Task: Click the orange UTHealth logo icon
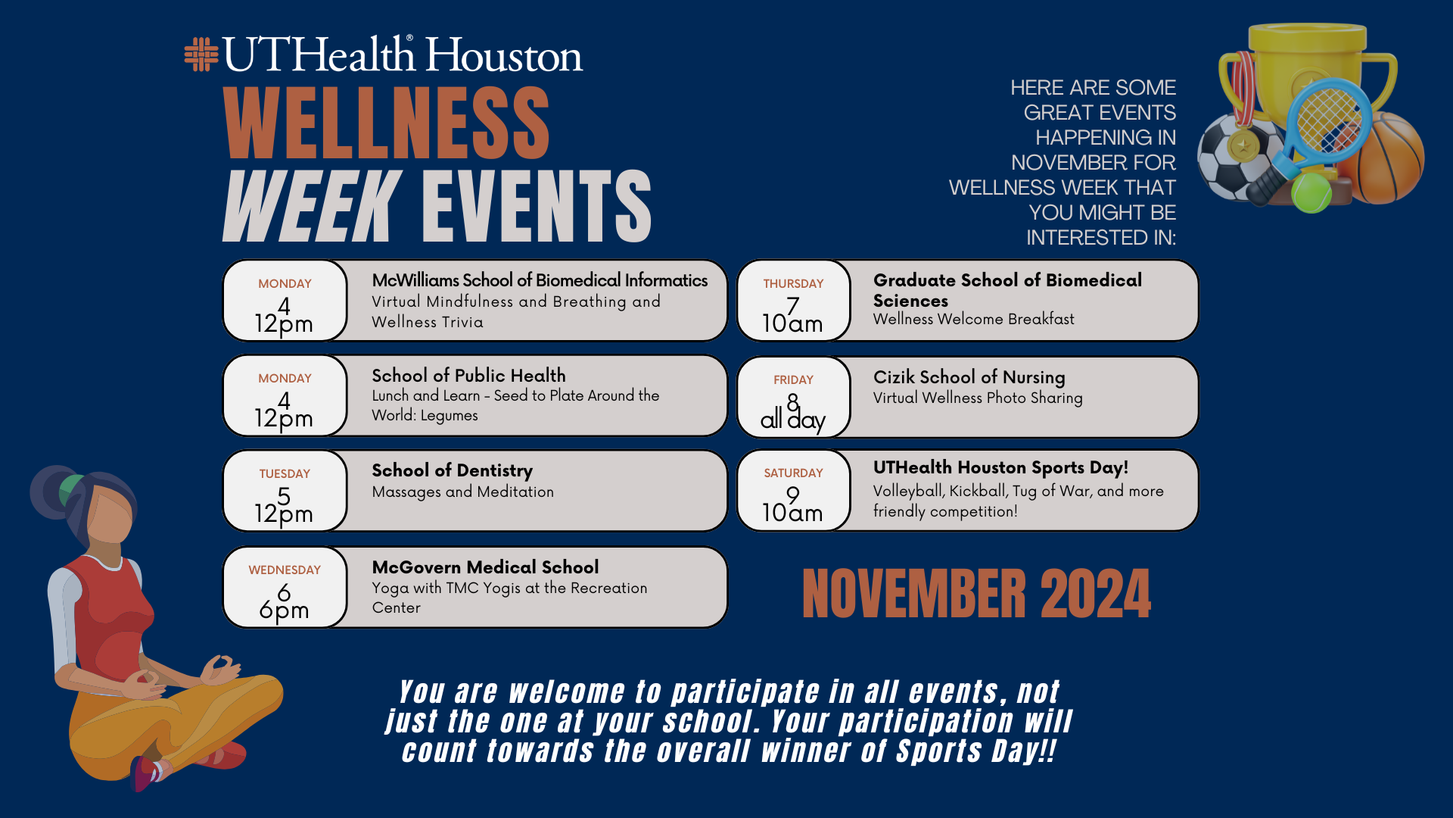pos(201,55)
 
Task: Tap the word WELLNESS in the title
pos(387,122)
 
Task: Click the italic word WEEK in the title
pos(312,205)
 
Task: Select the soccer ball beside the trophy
pos(1237,158)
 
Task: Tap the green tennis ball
pos(1311,193)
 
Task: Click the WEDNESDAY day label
pos(285,570)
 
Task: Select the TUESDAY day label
pos(285,474)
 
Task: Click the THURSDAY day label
pos(793,284)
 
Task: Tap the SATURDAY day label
pos(793,473)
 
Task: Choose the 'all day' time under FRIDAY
pos(793,420)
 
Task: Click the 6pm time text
pos(284,610)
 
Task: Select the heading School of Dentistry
pos(452,470)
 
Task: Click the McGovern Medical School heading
pos(485,567)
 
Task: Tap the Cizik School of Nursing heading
pos(969,377)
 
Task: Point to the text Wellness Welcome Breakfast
pos(973,320)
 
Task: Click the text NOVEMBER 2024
pos(976,594)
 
